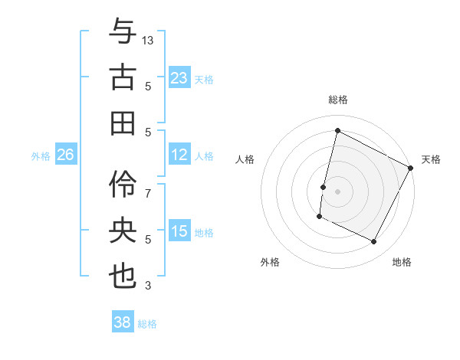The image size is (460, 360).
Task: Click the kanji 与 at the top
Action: click(x=123, y=32)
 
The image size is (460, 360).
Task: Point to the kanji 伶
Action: click(x=123, y=182)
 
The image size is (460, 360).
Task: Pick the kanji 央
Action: click(x=123, y=229)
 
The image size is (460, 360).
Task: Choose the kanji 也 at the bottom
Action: click(x=123, y=276)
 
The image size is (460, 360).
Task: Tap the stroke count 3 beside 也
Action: click(x=149, y=286)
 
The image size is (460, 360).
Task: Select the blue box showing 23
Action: click(x=179, y=78)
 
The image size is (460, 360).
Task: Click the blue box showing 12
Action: click(x=179, y=155)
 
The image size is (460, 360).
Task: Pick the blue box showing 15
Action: click(x=179, y=231)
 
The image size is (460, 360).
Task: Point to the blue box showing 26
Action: click(x=65, y=155)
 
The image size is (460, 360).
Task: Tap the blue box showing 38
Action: click(x=123, y=323)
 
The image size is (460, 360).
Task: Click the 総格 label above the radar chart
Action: click(x=338, y=100)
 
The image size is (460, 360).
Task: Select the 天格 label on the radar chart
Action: click(x=431, y=159)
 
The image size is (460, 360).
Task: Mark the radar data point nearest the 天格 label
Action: click(x=411, y=168)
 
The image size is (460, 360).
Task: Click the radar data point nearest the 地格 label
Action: click(x=374, y=242)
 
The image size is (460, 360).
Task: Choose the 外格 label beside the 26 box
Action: click(x=40, y=155)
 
